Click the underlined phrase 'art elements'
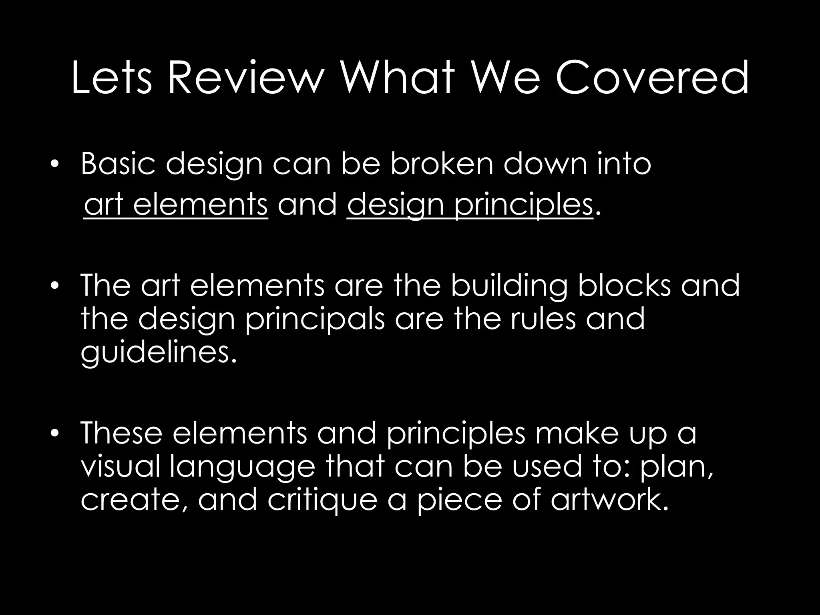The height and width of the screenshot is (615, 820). [176, 205]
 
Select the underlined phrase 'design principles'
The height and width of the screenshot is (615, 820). [469, 205]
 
